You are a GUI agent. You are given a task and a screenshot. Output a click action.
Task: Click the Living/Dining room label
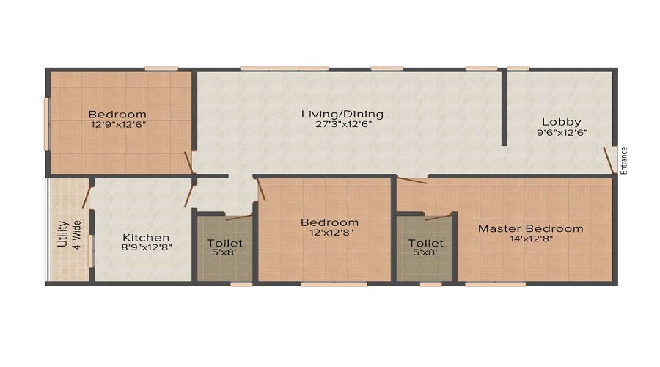(x=343, y=115)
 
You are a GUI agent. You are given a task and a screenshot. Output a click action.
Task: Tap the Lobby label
(x=562, y=122)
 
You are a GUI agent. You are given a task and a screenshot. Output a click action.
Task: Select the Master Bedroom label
(x=531, y=228)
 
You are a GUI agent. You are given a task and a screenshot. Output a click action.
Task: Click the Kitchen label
(x=147, y=238)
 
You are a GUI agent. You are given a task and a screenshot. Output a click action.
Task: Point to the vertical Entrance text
(x=625, y=160)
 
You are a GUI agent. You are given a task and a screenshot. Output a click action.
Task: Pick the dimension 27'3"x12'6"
(x=343, y=125)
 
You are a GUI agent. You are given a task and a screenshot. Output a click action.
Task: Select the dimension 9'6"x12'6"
(x=562, y=133)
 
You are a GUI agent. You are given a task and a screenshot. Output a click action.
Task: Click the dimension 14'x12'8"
(x=531, y=239)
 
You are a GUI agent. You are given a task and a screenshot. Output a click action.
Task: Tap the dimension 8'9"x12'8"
(x=147, y=248)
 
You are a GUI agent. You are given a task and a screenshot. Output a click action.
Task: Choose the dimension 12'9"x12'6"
(x=117, y=125)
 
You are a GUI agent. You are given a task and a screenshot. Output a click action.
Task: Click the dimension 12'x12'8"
(x=330, y=233)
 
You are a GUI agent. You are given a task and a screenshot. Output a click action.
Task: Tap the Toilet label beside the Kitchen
(x=224, y=243)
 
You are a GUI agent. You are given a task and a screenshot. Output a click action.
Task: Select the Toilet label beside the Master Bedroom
(x=426, y=243)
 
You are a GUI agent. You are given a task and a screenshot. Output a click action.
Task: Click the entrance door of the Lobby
(x=609, y=161)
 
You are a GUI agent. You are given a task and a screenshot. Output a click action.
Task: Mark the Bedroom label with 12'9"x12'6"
(x=117, y=115)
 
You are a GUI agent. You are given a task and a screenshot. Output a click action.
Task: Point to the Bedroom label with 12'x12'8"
(x=330, y=222)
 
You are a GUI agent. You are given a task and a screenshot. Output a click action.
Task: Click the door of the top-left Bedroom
(x=188, y=163)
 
